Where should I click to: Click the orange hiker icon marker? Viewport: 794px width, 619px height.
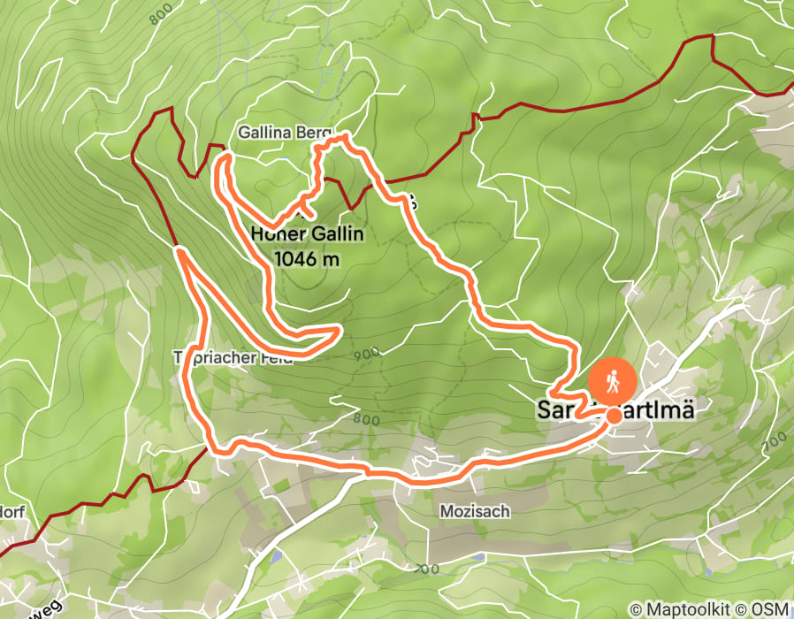coord(612,381)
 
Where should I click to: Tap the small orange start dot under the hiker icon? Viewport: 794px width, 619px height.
coord(612,415)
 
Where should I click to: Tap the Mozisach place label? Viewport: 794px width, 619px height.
coord(475,511)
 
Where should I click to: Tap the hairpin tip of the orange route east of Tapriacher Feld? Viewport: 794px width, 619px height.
coord(340,330)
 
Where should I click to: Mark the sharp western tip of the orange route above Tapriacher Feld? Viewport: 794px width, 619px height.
coord(179,252)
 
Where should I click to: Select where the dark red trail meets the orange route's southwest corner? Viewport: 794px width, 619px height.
coord(211,447)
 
